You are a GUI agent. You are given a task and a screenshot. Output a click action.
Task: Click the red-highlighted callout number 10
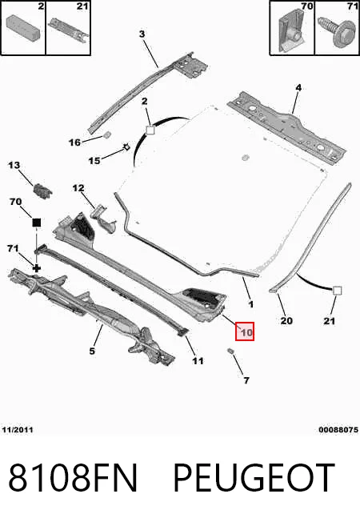[x=246, y=332]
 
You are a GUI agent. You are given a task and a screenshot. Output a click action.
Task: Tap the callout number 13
[x=14, y=165]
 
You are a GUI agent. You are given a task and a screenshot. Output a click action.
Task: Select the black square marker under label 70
[x=36, y=223]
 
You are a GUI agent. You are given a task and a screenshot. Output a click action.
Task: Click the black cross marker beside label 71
[x=36, y=268]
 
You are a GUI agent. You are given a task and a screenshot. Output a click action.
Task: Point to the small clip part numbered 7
[x=230, y=351]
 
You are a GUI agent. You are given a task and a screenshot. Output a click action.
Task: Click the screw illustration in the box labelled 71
[x=336, y=32]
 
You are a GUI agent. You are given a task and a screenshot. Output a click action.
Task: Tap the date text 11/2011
[x=18, y=430]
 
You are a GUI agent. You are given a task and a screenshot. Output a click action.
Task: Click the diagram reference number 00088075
[x=338, y=430]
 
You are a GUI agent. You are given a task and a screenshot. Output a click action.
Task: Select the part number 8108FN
[x=73, y=478]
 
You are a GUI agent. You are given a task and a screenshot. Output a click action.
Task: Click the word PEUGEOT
[x=254, y=478]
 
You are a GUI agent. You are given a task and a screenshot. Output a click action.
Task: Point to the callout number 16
[x=74, y=143]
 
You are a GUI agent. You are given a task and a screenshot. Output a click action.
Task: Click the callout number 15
[x=94, y=161]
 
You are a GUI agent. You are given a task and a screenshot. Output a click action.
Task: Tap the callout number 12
[x=78, y=188]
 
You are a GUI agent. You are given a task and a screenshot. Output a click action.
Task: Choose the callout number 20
[x=286, y=320]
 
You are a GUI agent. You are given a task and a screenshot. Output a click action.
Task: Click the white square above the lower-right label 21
[x=337, y=291]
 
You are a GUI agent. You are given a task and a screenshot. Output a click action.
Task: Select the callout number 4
[x=298, y=87]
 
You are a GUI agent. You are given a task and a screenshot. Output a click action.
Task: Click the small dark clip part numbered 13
[x=42, y=191]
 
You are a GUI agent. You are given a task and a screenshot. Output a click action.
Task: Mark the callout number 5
[x=92, y=351]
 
